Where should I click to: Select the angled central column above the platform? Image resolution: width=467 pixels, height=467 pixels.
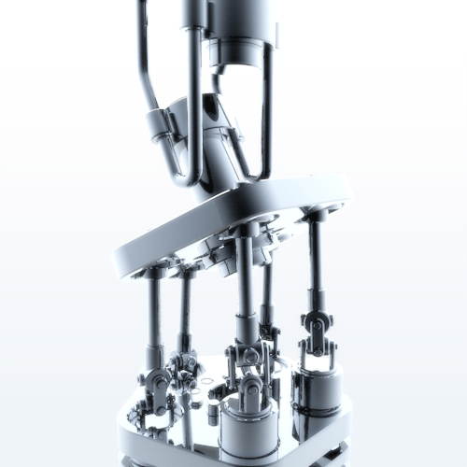pyautogui.click(x=219, y=149)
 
